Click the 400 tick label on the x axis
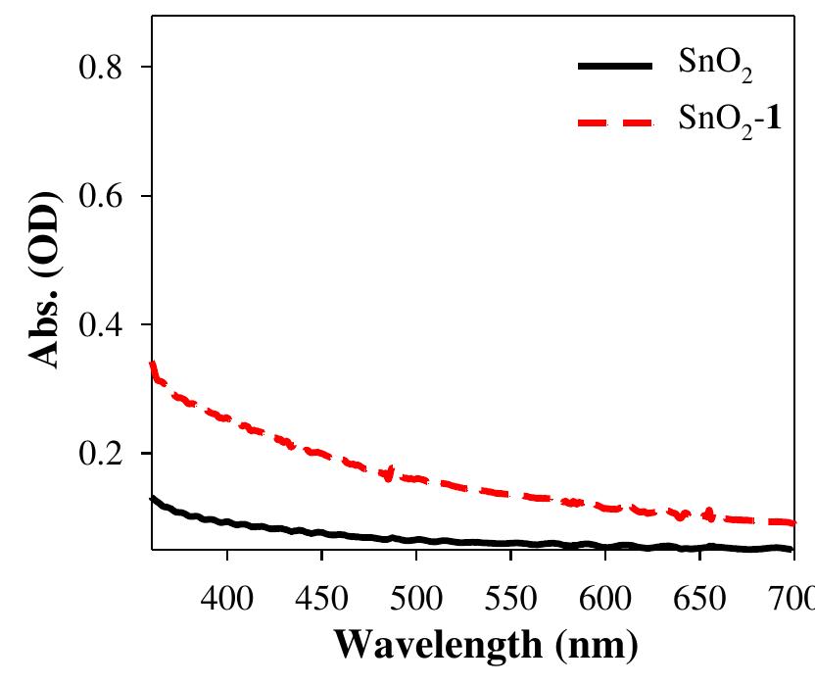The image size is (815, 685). tap(227, 596)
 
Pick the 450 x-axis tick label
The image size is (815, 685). tap(321, 596)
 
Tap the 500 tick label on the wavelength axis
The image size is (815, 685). tap(416, 596)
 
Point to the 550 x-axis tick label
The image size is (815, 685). tap(510, 596)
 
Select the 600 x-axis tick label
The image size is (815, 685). tap(605, 596)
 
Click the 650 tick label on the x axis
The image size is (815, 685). tap(699, 596)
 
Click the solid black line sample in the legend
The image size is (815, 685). tap(613, 67)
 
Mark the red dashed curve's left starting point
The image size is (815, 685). tap(152, 365)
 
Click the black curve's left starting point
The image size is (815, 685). tap(152, 498)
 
